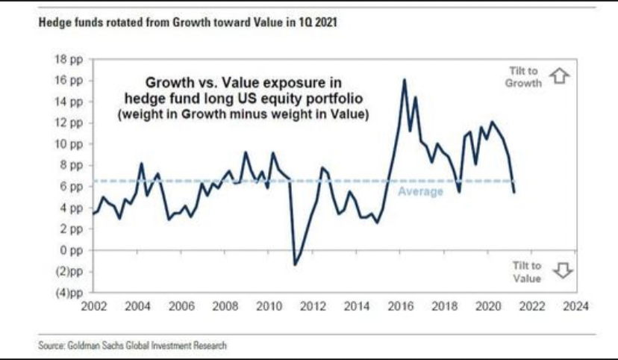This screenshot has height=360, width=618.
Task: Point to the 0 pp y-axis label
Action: coord(75,250)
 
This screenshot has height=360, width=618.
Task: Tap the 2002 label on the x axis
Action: coord(93,306)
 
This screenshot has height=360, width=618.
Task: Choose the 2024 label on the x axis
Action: coord(577,306)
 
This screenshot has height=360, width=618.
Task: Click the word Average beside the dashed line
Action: coord(420,191)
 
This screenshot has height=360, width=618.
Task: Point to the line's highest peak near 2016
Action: coord(404,80)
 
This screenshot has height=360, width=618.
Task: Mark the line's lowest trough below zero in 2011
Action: coord(295,264)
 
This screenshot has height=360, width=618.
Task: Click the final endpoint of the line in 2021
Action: coord(514,193)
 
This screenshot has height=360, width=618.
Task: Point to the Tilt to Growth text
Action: coord(523,76)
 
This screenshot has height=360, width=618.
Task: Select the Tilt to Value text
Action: coord(526,271)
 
